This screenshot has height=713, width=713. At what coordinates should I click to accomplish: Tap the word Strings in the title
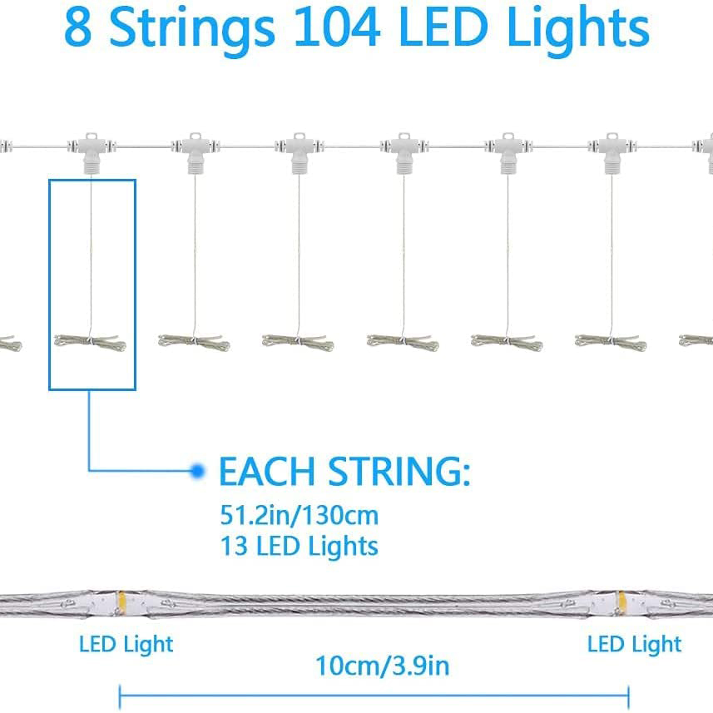192,28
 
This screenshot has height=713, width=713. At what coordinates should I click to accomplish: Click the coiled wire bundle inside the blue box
90,341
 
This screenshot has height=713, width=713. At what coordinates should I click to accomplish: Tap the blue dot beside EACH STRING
197,471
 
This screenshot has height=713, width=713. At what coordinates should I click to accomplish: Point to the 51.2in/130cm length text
299,516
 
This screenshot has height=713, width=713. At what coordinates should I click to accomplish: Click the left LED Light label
126,644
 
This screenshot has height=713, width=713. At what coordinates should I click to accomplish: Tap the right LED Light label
634,644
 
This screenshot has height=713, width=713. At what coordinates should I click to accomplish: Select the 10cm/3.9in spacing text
382,666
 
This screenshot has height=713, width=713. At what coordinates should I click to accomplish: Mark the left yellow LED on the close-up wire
121,599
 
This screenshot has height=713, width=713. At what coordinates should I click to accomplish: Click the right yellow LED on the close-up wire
620,599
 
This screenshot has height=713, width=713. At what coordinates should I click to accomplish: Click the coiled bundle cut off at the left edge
8,342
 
